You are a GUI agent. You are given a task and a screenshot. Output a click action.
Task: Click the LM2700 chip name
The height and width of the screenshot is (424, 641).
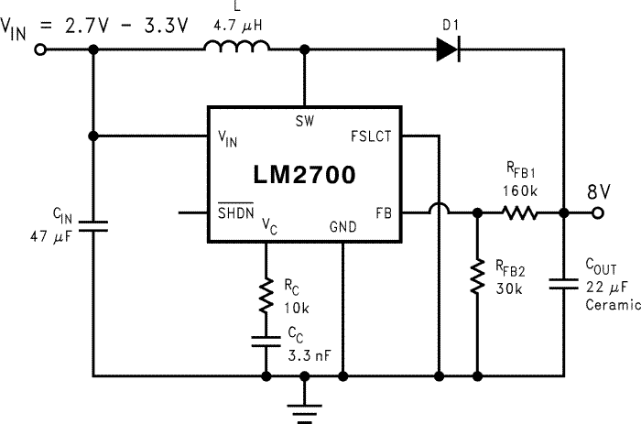click(x=304, y=173)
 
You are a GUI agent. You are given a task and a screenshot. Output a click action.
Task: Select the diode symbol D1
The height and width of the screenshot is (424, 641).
click(x=447, y=52)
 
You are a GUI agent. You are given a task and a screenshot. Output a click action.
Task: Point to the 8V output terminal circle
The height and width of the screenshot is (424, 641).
click(x=599, y=212)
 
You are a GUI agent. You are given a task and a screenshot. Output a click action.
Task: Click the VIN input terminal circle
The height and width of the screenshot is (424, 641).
click(x=40, y=52)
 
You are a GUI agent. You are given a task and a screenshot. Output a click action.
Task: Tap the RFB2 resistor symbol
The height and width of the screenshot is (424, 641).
click(x=477, y=277)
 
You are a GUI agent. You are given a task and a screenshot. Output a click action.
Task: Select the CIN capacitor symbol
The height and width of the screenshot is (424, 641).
click(x=93, y=224)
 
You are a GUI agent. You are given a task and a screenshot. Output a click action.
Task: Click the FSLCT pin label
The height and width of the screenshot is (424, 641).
click(x=371, y=136)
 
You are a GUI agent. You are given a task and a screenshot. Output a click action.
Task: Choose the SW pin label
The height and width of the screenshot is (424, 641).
click(x=304, y=121)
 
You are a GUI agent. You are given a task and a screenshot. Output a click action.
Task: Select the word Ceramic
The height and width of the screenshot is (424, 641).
click(x=611, y=305)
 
